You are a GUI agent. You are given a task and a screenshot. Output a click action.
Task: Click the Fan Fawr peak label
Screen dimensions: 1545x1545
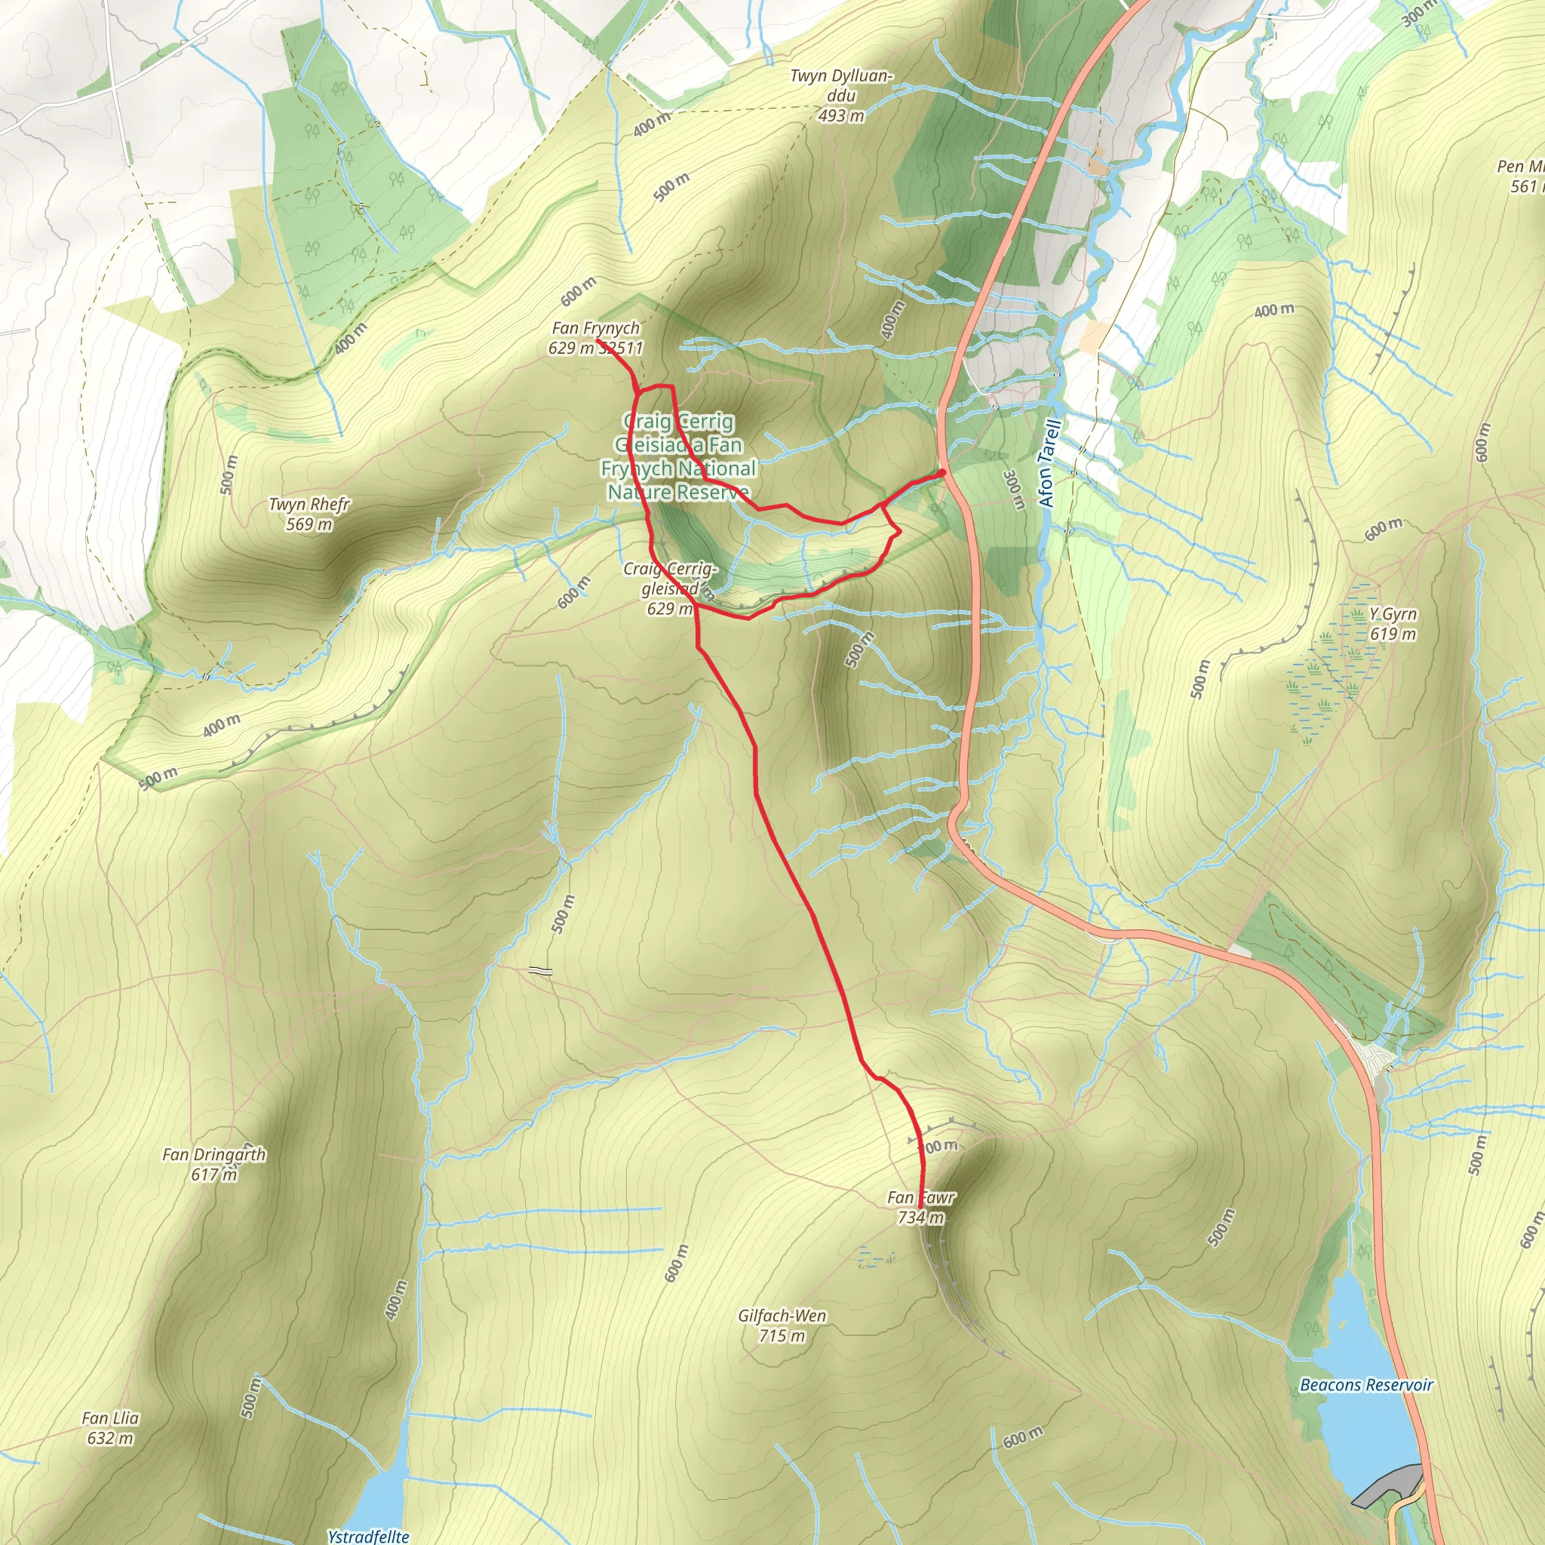pyautogui.click(x=920, y=1197)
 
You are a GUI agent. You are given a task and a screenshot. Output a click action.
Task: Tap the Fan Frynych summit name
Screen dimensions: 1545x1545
pyautogui.click(x=596, y=328)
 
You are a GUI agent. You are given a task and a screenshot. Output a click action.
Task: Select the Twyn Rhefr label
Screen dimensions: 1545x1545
pyautogui.click(x=309, y=505)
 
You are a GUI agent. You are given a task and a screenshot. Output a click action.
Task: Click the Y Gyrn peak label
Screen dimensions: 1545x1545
pyautogui.click(x=1393, y=613)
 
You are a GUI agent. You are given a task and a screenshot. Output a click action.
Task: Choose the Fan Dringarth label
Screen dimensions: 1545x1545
pyautogui.click(x=213, y=1155)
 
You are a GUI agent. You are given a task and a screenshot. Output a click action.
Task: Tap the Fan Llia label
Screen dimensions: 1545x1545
pyautogui.click(x=110, y=1418)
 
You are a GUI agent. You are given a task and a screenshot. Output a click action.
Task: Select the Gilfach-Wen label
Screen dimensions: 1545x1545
pyautogui.click(x=782, y=1316)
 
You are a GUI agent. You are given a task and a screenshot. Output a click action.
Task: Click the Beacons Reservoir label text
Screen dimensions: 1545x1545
pyautogui.click(x=1366, y=1384)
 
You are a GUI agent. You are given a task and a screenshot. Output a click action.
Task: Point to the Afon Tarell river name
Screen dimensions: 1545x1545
pyautogui.click(x=1049, y=464)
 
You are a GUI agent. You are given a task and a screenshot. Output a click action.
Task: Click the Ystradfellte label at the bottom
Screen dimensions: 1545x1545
pyautogui.click(x=368, y=1535)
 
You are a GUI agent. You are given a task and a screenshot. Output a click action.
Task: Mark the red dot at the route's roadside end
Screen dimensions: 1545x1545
pyautogui.click(x=943, y=472)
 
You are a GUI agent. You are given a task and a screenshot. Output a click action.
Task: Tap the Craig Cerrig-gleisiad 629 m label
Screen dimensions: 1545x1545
pyautogui.click(x=670, y=588)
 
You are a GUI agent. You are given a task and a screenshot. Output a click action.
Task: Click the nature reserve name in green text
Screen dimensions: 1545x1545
pyautogui.click(x=679, y=456)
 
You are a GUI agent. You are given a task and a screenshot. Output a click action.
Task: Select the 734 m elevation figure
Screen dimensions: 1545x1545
pyautogui.click(x=920, y=1217)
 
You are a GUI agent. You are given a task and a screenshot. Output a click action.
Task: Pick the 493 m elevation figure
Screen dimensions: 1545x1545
pyautogui.click(x=841, y=116)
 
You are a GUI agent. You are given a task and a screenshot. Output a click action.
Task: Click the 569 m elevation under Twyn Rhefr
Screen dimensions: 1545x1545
pyautogui.click(x=309, y=524)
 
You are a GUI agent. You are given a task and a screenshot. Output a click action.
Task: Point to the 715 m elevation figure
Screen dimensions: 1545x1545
pyautogui.click(x=782, y=1335)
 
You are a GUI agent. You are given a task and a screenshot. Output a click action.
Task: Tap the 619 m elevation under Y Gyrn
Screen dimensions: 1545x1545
pyautogui.click(x=1393, y=634)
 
